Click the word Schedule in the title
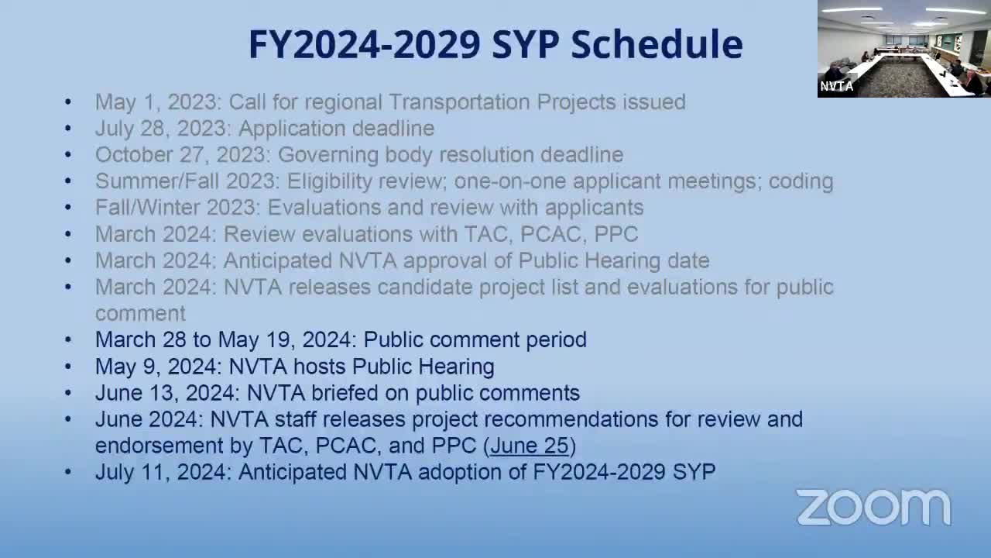(x=657, y=44)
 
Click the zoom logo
(x=873, y=508)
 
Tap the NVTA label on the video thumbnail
(x=837, y=87)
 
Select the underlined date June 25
(x=530, y=446)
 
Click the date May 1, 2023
(x=157, y=102)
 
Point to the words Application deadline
(x=336, y=128)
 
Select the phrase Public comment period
(x=475, y=339)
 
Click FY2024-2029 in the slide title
(x=365, y=44)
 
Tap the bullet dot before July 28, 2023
(x=68, y=128)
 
